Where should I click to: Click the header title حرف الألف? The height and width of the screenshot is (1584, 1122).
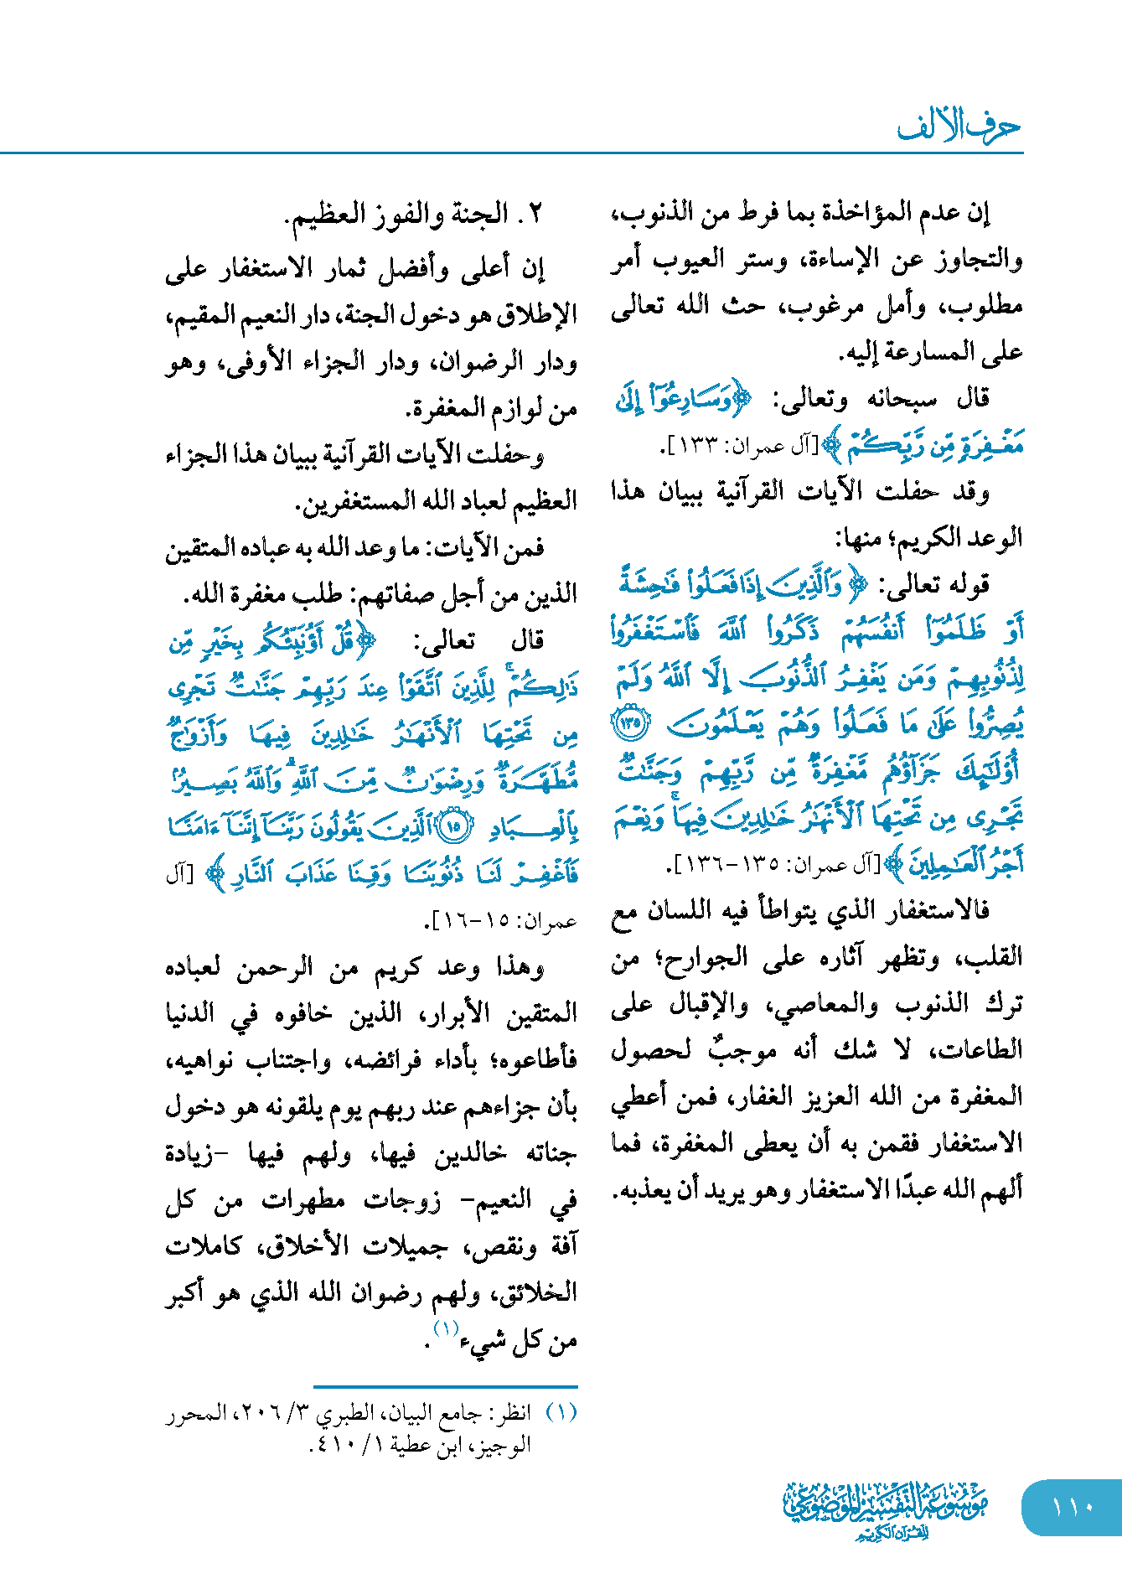(x=959, y=127)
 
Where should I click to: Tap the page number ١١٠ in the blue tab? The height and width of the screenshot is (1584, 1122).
(x=1072, y=1507)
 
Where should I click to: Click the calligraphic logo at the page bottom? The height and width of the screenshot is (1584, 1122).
(x=885, y=1509)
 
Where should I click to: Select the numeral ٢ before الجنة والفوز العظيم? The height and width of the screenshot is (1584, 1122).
(x=536, y=214)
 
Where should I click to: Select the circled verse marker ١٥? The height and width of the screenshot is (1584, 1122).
(x=452, y=827)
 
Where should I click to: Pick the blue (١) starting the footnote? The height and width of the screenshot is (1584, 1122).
(x=561, y=1413)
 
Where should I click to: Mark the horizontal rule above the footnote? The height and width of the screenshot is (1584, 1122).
(x=445, y=1387)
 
